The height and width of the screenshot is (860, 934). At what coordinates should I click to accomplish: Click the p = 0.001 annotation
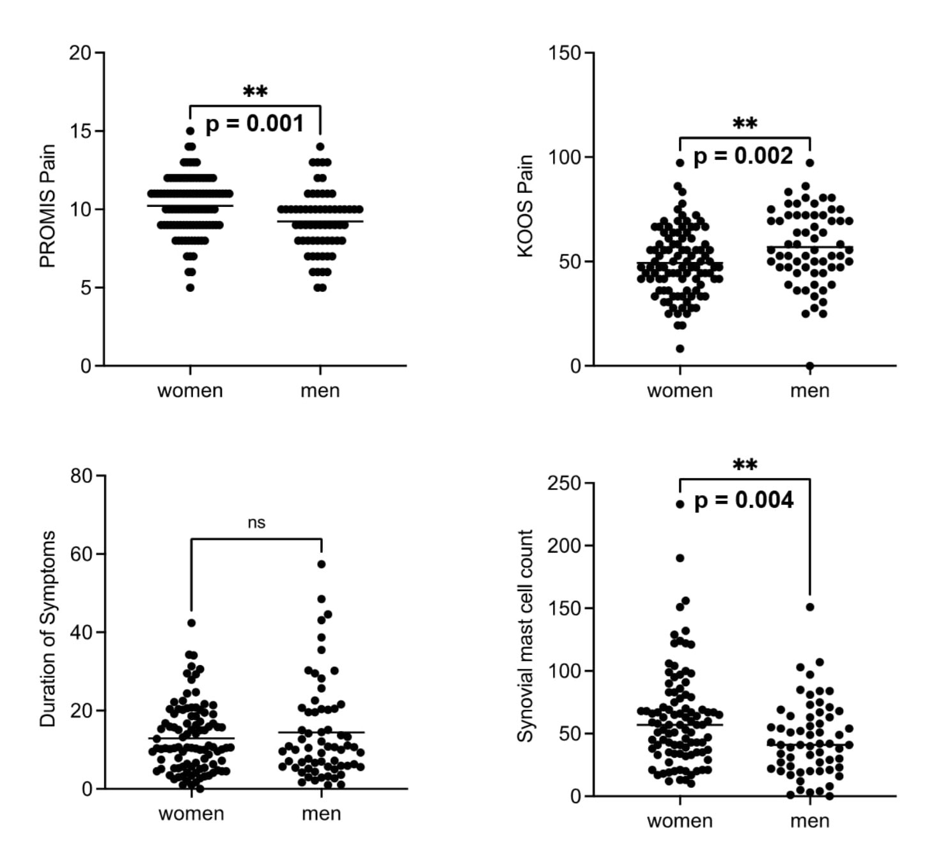[254, 124]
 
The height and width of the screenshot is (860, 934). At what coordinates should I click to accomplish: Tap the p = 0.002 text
[743, 157]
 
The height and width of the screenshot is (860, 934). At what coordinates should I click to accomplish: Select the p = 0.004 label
[743, 500]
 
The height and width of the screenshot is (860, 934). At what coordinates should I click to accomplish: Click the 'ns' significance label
[256, 523]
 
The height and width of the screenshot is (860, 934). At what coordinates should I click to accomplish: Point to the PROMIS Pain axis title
[48, 206]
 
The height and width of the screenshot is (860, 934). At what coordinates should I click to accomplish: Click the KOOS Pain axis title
[525, 206]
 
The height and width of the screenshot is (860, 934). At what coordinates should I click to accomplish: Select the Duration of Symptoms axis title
[48, 629]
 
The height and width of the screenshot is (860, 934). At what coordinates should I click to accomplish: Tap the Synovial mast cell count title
[525, 636]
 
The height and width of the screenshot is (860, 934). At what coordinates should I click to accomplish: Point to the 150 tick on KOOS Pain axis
[564, 53]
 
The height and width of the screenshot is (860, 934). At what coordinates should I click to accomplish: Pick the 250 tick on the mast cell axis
[564, 483]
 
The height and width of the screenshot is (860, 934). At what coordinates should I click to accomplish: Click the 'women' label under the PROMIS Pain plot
[190, 390]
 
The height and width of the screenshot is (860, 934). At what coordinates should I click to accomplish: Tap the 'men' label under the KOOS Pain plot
[809, 390]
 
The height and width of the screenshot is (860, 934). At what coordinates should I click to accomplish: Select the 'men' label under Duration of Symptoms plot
[321, 814]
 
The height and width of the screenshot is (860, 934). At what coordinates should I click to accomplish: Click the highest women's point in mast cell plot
[680, 504]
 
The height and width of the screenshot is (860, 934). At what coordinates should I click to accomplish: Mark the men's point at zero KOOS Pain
[810, 366]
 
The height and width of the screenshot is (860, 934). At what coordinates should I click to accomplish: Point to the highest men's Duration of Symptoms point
[322, 564]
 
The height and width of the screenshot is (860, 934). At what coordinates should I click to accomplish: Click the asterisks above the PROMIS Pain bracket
[255, 92]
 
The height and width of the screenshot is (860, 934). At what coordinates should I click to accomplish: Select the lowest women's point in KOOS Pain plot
[680, 349]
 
